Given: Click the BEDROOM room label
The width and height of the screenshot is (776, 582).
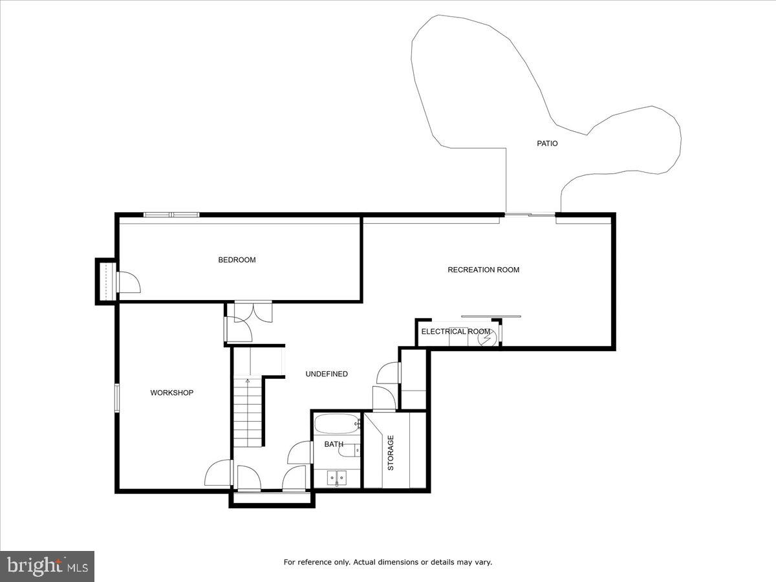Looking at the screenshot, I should pos(237,260).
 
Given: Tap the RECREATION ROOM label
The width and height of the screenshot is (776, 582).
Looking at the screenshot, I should pos(483,270).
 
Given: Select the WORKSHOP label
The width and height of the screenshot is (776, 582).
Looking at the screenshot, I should pos(171,393).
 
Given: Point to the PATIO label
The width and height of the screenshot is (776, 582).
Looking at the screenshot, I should pos(547,144).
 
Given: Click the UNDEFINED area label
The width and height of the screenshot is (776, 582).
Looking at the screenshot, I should pos(327,374).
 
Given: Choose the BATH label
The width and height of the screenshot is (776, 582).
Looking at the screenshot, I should pos(334,444).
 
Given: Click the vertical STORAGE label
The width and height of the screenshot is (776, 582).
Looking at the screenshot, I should pos(391,453).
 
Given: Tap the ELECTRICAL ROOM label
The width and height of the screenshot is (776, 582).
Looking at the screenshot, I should pos(455,332).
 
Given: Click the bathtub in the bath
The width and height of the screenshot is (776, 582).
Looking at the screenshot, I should pos(336,425).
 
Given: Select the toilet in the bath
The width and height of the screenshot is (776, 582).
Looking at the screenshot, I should pos(348,449).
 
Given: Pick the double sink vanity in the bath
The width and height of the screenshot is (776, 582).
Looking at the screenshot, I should pos(336,479).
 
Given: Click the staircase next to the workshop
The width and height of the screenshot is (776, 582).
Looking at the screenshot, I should pos(248,414).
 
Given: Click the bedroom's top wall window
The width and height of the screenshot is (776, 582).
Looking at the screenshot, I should pos(171,215).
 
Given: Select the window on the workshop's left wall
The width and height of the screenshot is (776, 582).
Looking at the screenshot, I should pos(117,397).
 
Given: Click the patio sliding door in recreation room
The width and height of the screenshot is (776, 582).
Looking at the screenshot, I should pos(530,214).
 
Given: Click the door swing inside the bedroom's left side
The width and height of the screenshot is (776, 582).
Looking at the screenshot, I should pos(128,283).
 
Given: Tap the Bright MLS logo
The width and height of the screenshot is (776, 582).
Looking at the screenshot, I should pos(47,566).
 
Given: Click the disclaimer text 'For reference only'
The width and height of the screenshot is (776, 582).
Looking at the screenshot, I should pos(387,562).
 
